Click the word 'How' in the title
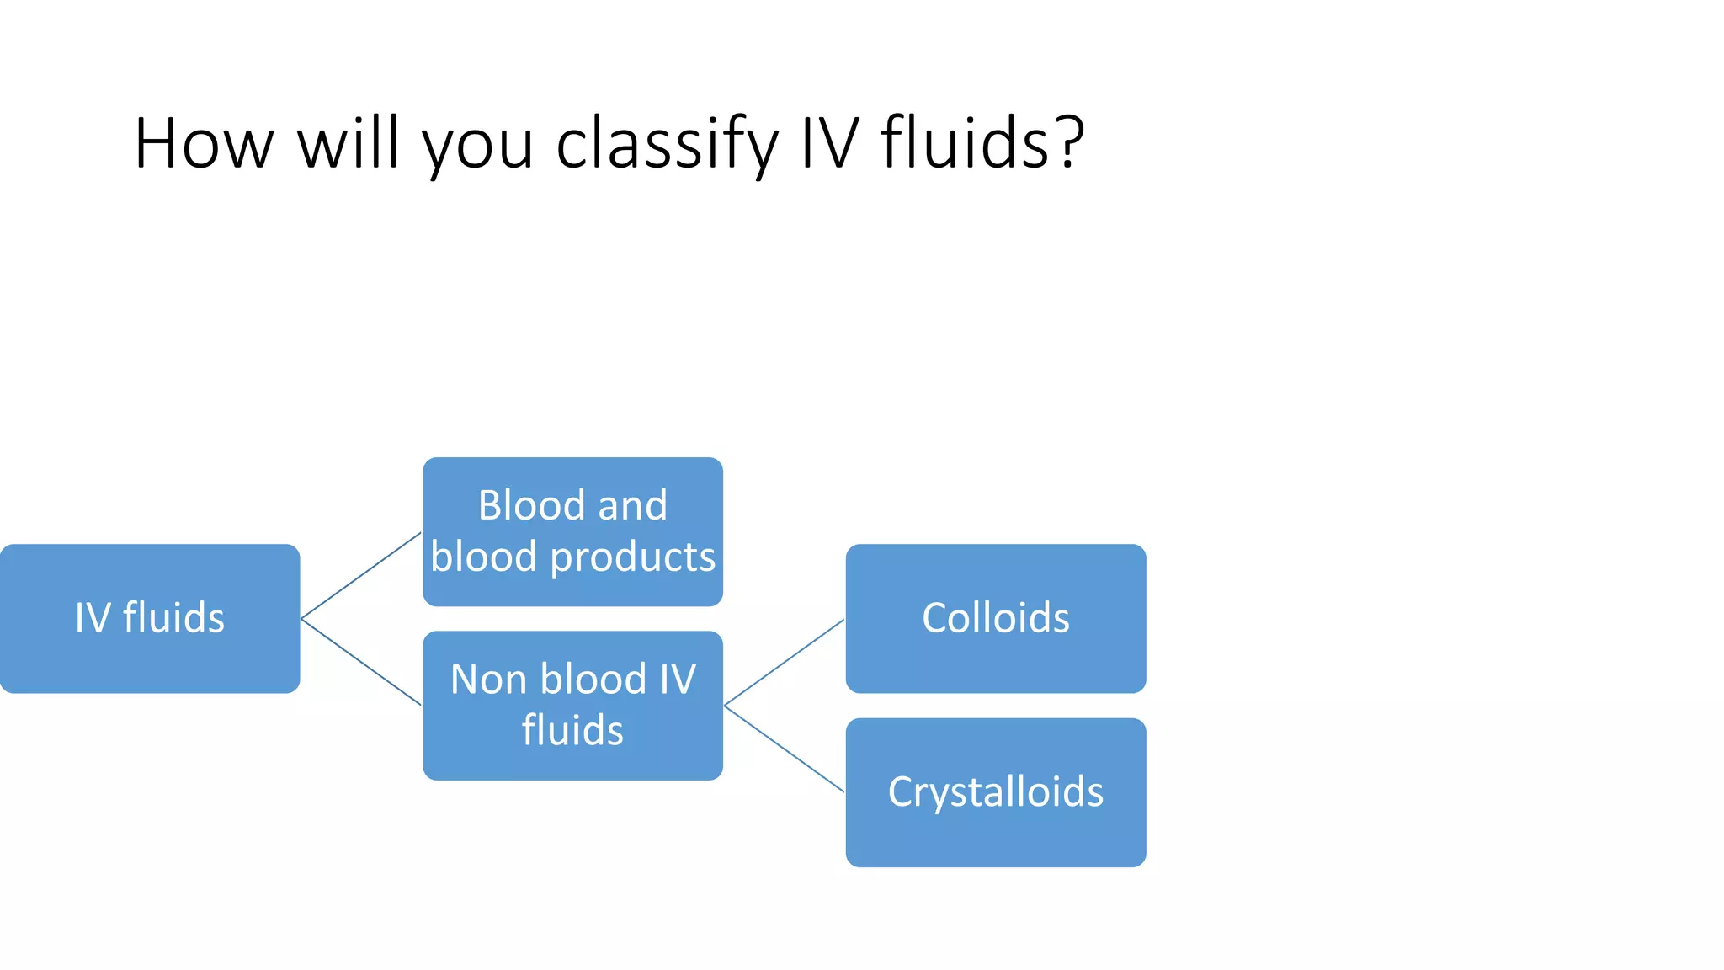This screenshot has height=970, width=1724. (204, 143)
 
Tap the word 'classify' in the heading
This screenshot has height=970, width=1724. (668, 143)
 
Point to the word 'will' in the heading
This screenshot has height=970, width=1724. (348, 143)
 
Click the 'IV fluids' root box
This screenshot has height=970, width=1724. (150, 618)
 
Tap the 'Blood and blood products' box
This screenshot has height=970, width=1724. (572, 531)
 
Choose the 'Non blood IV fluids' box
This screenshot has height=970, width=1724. (572, 705)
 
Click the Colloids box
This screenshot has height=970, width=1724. (995, 618)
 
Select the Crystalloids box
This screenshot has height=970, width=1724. (995, 791)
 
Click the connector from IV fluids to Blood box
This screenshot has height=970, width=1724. (361, 575)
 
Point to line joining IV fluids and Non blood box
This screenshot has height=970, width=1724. (361, 662)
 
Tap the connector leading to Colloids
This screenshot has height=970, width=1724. (784, 662)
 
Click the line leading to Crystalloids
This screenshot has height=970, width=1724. (784, 748)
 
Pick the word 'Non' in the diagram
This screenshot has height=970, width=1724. (488, 679)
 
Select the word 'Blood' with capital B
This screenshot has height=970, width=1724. (530, 505)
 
